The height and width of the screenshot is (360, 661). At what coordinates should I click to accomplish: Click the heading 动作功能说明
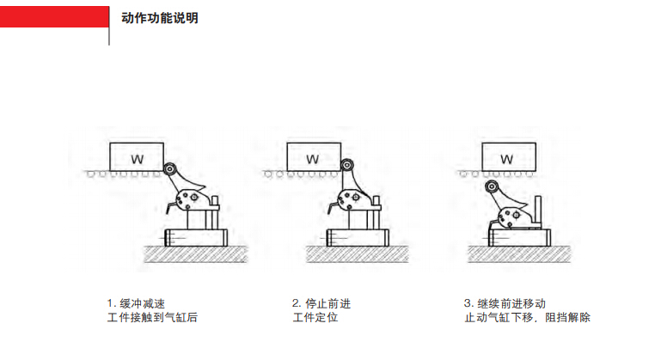(x=160, y=18)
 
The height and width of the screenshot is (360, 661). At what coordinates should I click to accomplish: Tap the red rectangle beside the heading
(x=54, y=17)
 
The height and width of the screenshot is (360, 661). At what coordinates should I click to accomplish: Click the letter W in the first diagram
(x=137, y=159)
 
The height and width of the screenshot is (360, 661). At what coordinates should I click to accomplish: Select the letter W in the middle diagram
(x=312, y=159)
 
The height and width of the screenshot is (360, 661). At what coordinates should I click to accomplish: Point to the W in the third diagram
(x=507, y=159)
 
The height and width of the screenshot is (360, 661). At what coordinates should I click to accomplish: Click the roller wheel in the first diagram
(x=170, y=169)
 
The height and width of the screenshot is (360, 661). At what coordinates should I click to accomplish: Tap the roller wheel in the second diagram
(x=347, y=165)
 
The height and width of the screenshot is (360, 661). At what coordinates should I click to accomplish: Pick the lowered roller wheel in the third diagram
(x=492, y=186)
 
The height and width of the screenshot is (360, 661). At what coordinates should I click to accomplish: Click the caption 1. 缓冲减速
(x=136, y=303)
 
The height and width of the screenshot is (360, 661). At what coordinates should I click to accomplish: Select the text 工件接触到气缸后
(x=152, y=317)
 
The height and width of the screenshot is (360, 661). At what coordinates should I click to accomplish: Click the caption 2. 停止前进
(x=321, y=303)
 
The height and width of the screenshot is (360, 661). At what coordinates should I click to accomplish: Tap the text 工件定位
(x=315, y=317)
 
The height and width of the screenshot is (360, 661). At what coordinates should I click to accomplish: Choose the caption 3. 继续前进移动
(x=505, y=303)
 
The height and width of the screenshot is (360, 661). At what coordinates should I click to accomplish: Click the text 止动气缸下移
(x=499, y=317)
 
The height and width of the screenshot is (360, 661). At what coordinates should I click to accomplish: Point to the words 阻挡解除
(x=568, y=317)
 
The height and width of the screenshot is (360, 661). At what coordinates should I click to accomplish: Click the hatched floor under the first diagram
(x=196, y=254)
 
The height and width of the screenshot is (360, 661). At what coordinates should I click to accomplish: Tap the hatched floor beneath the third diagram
(x=519, y=254)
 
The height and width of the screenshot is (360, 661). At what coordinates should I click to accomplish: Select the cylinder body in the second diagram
(x=358, y=238)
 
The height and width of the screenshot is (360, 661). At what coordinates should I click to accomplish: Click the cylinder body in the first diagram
(x=196, y=238)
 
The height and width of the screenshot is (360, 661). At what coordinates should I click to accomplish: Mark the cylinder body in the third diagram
(x=519, y=238)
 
